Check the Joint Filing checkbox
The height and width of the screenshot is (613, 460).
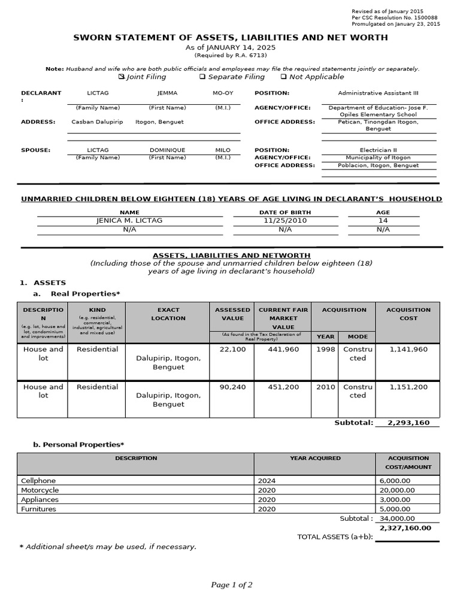point(122,77)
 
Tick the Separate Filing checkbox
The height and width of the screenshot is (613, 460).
point(202,77)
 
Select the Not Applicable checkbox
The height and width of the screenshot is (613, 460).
point(283,77)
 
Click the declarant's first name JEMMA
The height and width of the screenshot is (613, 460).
point(167,93)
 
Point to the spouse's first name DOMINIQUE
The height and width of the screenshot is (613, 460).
point(167,150)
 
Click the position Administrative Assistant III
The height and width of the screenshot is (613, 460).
point(377,93)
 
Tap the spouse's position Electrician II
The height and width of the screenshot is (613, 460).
point(377,150)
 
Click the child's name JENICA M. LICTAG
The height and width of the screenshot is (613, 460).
point(129,220)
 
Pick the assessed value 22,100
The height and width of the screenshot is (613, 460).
point(232,350)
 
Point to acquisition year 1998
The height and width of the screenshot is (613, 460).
point(326,350)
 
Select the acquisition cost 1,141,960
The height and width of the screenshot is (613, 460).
point(408,350)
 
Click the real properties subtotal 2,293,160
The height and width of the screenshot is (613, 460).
point(408,423)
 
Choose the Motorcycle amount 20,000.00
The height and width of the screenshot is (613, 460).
point(397,490)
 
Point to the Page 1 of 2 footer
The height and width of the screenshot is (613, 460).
point(232,585)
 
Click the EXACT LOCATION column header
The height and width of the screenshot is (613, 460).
point(168,314)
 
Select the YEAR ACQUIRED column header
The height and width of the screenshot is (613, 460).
point(315,458)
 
